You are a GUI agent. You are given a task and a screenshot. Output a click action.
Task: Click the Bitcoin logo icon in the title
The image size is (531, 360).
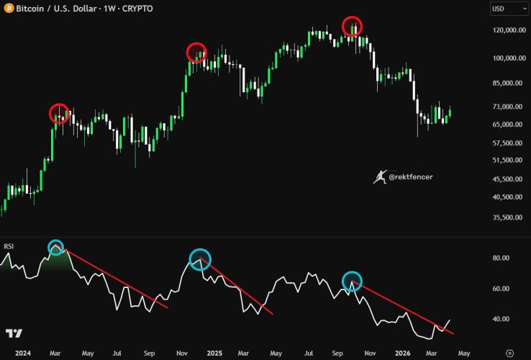(7, 8)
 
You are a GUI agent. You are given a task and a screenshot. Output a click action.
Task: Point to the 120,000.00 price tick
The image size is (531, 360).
(504, 31)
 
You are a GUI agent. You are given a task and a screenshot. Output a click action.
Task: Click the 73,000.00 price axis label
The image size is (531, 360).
(504, 107)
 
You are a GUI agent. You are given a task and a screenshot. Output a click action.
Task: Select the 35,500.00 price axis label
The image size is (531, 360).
(504, 217)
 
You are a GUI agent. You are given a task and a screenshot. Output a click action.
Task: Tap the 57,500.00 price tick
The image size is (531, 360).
(504, 143)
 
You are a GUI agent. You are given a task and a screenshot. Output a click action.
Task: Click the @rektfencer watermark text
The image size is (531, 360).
(410, 176)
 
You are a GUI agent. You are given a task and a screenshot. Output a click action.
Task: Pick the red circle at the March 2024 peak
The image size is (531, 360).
(59, 113)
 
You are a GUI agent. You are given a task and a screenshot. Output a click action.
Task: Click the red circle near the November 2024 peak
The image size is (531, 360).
(196, 53)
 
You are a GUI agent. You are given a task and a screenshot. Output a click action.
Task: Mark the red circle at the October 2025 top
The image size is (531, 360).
(353, 27)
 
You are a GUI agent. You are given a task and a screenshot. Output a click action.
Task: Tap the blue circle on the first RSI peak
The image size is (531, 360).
(56, 248)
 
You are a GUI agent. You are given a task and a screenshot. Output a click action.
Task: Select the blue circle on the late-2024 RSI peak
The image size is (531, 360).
(200, 260)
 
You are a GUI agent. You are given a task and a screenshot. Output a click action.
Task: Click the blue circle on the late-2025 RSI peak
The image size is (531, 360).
(352, 281)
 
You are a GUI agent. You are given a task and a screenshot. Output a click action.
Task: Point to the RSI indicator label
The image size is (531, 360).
(9, 246)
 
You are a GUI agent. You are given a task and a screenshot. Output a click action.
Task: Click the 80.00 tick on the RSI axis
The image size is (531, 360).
(501, 258)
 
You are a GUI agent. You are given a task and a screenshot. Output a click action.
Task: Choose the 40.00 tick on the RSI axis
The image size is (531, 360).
(501, 319)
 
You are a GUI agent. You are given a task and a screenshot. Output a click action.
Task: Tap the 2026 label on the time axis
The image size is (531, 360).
(403, 354)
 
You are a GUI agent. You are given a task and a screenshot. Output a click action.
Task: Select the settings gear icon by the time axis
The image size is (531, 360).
(509, 353)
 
